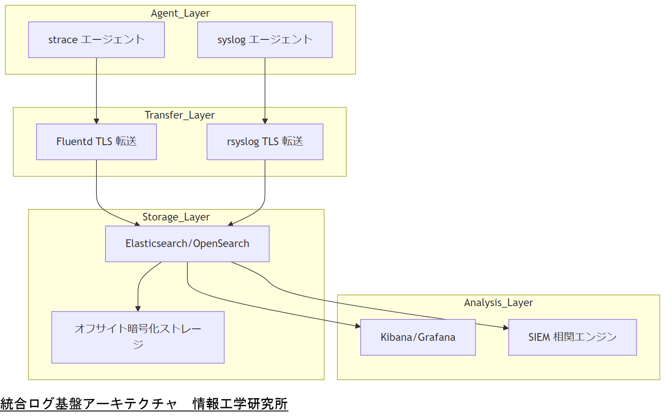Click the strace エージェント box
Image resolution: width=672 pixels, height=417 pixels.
96,40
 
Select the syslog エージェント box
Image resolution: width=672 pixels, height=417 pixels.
265,40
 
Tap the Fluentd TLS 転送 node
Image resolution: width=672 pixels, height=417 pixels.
96,142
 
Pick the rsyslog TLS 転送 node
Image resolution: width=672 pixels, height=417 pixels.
265,142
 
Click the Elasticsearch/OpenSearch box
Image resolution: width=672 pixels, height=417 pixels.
187,244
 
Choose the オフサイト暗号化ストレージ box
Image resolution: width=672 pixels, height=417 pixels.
138,337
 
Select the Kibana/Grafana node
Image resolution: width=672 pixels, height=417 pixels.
418,337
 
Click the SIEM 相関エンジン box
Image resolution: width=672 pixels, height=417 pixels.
572,337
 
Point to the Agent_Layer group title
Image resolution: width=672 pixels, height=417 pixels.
180,13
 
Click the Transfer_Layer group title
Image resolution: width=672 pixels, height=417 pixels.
180,115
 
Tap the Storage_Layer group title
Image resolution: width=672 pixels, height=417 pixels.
176,217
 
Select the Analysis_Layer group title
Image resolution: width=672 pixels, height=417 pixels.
498,303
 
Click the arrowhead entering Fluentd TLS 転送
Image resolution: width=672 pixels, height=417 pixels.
96,121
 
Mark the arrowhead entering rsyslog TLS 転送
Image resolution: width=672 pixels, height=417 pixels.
265,121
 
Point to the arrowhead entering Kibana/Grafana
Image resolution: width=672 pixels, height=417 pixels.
358,326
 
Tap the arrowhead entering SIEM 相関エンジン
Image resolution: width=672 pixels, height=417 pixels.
506,328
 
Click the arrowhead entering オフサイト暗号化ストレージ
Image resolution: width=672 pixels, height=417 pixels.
138,309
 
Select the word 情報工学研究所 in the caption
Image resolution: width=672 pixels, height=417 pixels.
240,404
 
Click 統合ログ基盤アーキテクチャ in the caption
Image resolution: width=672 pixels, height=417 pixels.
89,404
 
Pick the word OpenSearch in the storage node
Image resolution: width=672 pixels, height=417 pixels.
221,244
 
